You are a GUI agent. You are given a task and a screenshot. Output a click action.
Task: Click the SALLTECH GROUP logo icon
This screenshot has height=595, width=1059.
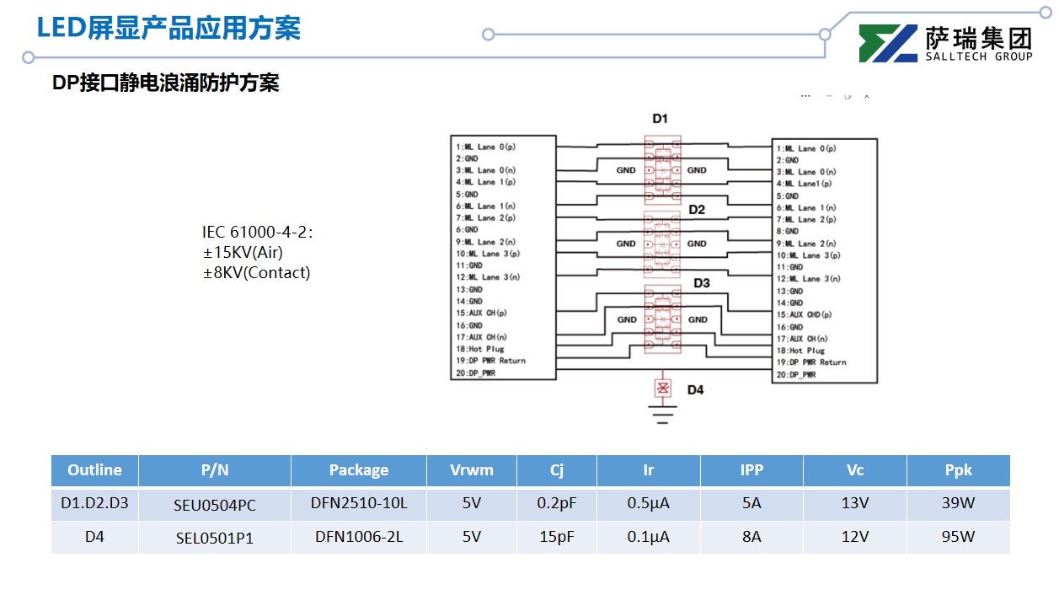tap(887, 43)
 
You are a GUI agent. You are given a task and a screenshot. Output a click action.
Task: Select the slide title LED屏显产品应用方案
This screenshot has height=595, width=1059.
tap(168, 28)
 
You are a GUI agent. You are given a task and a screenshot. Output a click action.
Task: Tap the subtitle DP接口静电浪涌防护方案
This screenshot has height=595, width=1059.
tap(165, 83)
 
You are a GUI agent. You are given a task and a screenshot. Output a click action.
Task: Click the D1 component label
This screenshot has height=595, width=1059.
tap(660, 119)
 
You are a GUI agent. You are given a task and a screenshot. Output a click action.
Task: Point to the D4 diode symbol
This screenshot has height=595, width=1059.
tap(663, 389)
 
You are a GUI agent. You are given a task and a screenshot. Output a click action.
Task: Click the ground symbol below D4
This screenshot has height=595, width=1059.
tap(663, 410)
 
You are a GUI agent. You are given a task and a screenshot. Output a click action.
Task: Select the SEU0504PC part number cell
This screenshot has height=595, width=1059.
tap(215, 505)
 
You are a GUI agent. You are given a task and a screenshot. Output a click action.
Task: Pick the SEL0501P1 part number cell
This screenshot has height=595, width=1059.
tap(215, 538)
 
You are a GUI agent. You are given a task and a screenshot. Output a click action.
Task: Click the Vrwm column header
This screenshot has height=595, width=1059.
tap(471, 470)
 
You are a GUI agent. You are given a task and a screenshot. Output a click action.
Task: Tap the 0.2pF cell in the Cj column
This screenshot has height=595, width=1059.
tap(557, 504)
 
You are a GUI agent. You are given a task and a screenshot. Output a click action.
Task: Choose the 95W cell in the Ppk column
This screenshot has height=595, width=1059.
tap(958, 537)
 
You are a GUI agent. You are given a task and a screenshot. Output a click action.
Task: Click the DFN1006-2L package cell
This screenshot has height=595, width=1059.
tap(359, 537)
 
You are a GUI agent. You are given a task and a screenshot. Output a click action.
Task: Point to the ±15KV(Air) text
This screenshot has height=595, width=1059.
tap(243, 252)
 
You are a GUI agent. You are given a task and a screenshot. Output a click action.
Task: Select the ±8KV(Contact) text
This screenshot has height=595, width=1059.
tap(256, 272)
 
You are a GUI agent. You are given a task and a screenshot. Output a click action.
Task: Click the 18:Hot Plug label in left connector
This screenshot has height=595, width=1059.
tap(479, 349)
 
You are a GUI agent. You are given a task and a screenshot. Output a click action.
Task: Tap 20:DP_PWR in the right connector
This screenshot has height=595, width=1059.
tap(796, 374)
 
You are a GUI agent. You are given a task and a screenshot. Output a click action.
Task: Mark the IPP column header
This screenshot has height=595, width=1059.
tap(751, 470)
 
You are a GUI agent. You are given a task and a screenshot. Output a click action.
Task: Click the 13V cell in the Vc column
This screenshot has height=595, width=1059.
tap(855, 504)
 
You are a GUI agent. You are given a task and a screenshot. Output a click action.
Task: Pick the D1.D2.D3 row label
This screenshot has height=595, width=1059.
tap(94, 504)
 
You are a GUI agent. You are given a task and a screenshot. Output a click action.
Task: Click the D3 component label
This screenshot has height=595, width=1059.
tap(701, 283)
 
